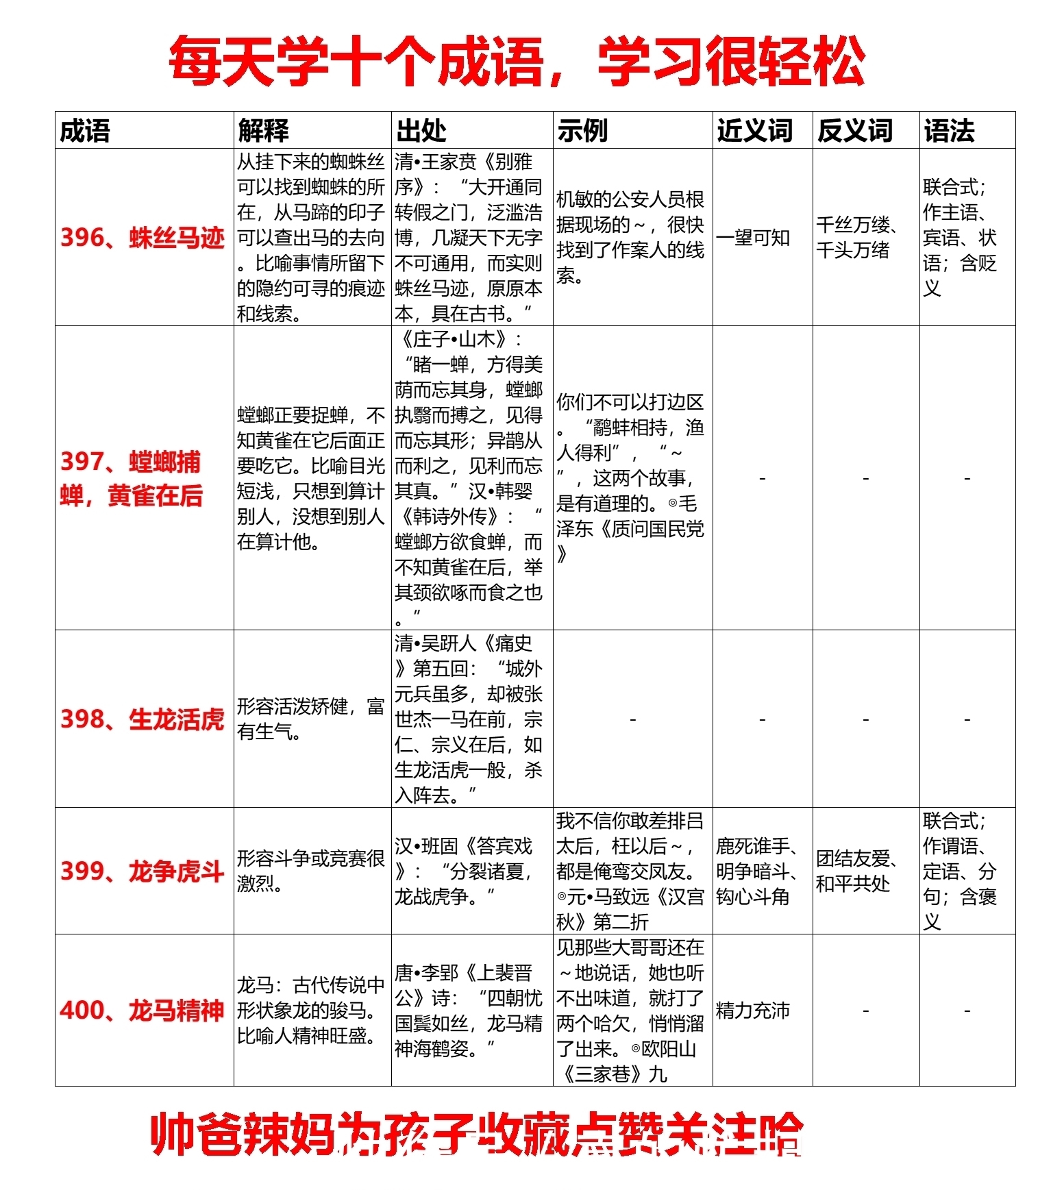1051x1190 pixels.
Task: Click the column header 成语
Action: [x=85, y=130]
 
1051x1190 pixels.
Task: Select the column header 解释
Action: [x=264, y=130]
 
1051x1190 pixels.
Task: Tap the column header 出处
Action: [x=421, y=130]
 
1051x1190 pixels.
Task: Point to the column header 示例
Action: [x=582, y=130]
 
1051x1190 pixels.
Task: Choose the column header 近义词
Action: [x=754, y=130]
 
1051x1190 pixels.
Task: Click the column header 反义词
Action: [x=855, y=130]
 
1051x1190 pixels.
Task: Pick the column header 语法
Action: [x=949, y=130]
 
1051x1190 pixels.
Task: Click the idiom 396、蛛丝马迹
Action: [x=143, y=238]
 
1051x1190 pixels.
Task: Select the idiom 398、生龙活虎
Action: [x=143, y=719]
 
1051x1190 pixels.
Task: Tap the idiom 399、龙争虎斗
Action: [x=143, y=871]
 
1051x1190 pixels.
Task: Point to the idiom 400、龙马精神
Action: [x=143, y=1011]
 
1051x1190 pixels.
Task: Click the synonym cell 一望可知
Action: [x=753, y=238]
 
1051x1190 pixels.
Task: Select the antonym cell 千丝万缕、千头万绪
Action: [x=856, y=237]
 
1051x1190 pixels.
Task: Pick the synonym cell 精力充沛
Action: [x=753, y=1011]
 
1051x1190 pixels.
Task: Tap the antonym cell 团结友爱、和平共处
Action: [x=856, y=871]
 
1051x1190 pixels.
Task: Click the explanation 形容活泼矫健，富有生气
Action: [x=310, y=719]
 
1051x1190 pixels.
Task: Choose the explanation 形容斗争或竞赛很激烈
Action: [x=310, y=871]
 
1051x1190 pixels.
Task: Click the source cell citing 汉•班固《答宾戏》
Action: [x=469, y=871]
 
